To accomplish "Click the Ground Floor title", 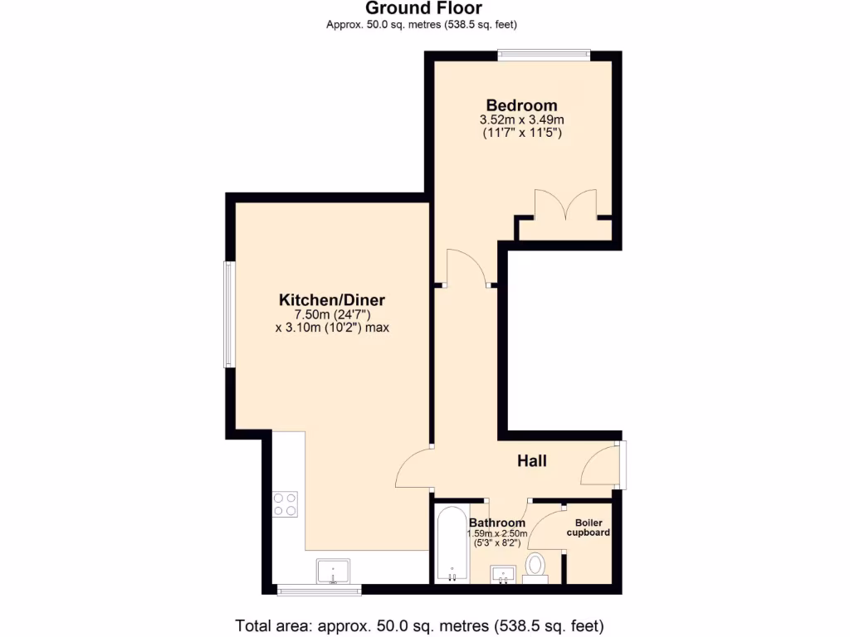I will tap(424, 9).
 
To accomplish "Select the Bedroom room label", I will tap(521, 105).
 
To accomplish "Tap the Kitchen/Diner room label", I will tap(332, 299).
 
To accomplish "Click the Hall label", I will tap(532, 460).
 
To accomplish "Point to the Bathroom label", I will tap(496, 523).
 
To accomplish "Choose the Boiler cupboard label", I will tap(589, 528).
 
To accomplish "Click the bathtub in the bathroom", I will tap(451, 543).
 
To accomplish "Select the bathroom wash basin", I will tap(504, 574).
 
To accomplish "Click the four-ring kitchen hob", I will tap(286, 504).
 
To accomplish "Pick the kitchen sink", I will tap(334, 571).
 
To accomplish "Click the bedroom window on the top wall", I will tap(544, 56).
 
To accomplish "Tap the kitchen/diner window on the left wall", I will tap(228, 314).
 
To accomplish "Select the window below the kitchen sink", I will tap(319, 591).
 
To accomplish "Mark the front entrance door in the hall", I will tap(602, 464).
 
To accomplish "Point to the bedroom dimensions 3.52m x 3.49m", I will tap(521, 120).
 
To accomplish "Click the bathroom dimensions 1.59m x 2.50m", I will tap(496, 533).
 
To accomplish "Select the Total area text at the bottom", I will tap(419, 625).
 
